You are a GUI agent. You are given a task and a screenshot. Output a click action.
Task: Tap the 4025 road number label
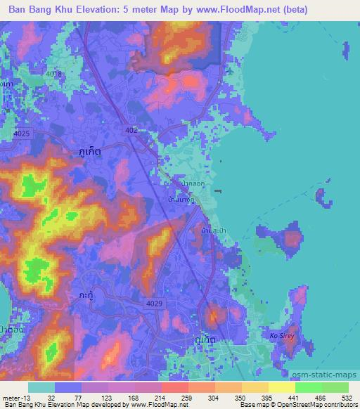point(22,133)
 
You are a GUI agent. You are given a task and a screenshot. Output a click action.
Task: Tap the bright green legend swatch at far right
point(335,387)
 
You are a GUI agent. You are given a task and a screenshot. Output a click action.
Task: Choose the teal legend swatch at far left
point(41,387)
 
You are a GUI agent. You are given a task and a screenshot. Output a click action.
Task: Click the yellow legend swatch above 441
point(281,387)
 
